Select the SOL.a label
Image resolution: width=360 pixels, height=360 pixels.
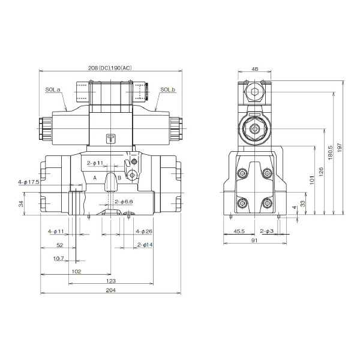tap(53, 90)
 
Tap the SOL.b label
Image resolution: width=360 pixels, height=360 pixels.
tap(167, 90)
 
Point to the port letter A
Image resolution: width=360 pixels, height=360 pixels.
tap(94, 178)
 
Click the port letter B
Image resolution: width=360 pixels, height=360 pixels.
tap(119, 178)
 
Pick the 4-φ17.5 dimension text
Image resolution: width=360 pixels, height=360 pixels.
tap(28, 181)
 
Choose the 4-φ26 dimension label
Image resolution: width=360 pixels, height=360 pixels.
tap(144, 231)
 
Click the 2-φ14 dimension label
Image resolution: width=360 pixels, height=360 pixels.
tap(145, 244)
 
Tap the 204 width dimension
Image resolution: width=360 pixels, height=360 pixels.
tap(110, 290)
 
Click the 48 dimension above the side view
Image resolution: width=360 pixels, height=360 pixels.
tap(254, 69)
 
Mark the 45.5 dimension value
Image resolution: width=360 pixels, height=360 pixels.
tap(238, 231)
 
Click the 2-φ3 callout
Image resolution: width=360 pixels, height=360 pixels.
tap(267, 231)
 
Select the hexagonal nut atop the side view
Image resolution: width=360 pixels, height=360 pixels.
tap(254, 93)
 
